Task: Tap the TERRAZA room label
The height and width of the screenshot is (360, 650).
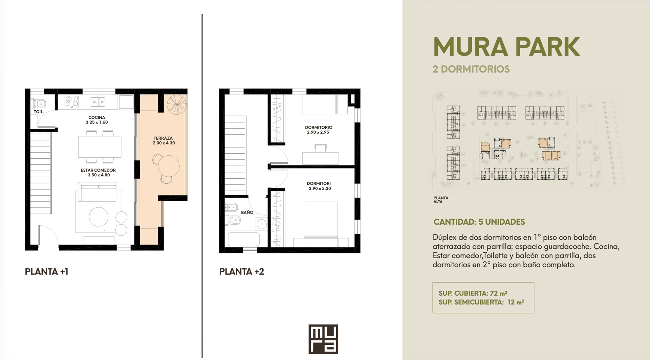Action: pyautogui.click(x=163, y=138)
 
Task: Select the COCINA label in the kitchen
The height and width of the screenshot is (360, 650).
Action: pyautogui.click(x=97, y=117)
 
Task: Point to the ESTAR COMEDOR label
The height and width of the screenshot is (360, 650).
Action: pyautogui.click(x=98, y=170)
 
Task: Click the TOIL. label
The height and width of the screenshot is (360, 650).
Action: pyautogui.click(x=39, y=112)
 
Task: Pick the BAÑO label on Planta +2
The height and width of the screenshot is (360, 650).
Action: pyautogui.click(x=247, y=212)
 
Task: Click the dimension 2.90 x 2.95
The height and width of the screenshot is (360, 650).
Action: pyautogui.click(x=318, y=132)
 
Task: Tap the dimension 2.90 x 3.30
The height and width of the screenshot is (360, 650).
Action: pyautogui.click(x=320, y=188)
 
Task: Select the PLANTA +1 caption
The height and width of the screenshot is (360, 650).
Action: pyautogui.click(x=47, y=272)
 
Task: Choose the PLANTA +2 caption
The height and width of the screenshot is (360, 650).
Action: pyautogui.click(x=242, y=272)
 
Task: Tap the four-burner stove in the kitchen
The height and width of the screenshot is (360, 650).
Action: pyautogui.click(x=72, y=102)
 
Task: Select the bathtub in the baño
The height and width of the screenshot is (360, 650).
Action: pyautogui.click(x=243, y=239)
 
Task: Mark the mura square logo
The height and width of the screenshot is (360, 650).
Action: pyautogui.click(x=323, y=339)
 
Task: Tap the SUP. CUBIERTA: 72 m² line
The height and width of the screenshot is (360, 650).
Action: pyautogui.click(x=473, y=293)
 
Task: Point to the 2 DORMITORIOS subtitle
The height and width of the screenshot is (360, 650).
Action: pyautogui.click(x=471, y=69)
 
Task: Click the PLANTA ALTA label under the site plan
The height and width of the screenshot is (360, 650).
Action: pyautogui.click(x=441, y=200)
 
